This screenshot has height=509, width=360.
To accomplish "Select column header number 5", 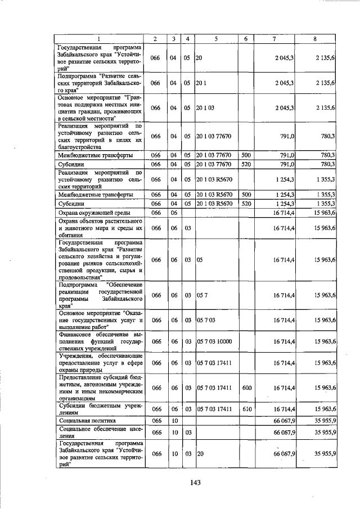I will point(215,39).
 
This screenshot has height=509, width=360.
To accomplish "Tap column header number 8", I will point(314,39).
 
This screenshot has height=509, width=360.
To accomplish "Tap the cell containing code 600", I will point(246,388).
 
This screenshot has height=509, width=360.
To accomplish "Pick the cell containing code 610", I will point(246,409).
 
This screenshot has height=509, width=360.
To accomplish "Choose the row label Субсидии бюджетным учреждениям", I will point(98,409).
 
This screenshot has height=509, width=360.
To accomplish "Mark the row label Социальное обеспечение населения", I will point(98,431).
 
